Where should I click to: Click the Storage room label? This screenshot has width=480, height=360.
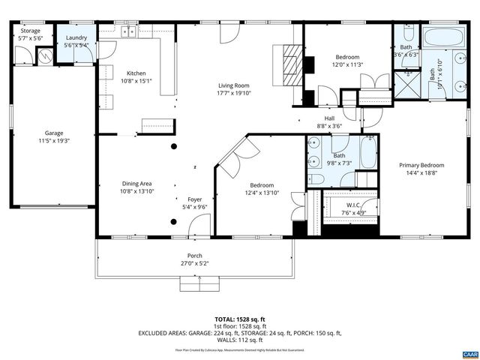pos(31,31)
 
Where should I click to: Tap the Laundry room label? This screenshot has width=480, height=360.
pos(76,37)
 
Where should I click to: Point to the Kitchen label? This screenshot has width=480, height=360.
pos(136,73)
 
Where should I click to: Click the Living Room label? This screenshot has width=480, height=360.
pos(234,85)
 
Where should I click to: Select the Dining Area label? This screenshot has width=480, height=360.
pos(138,184)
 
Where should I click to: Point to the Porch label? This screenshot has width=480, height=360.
pos(194,256)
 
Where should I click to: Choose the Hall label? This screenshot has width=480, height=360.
pos(328,118)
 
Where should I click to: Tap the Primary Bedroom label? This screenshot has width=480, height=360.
pos(421,165)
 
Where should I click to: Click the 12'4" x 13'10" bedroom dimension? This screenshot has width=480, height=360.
pos(262,193)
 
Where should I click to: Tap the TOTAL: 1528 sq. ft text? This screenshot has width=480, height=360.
pos(239,319)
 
